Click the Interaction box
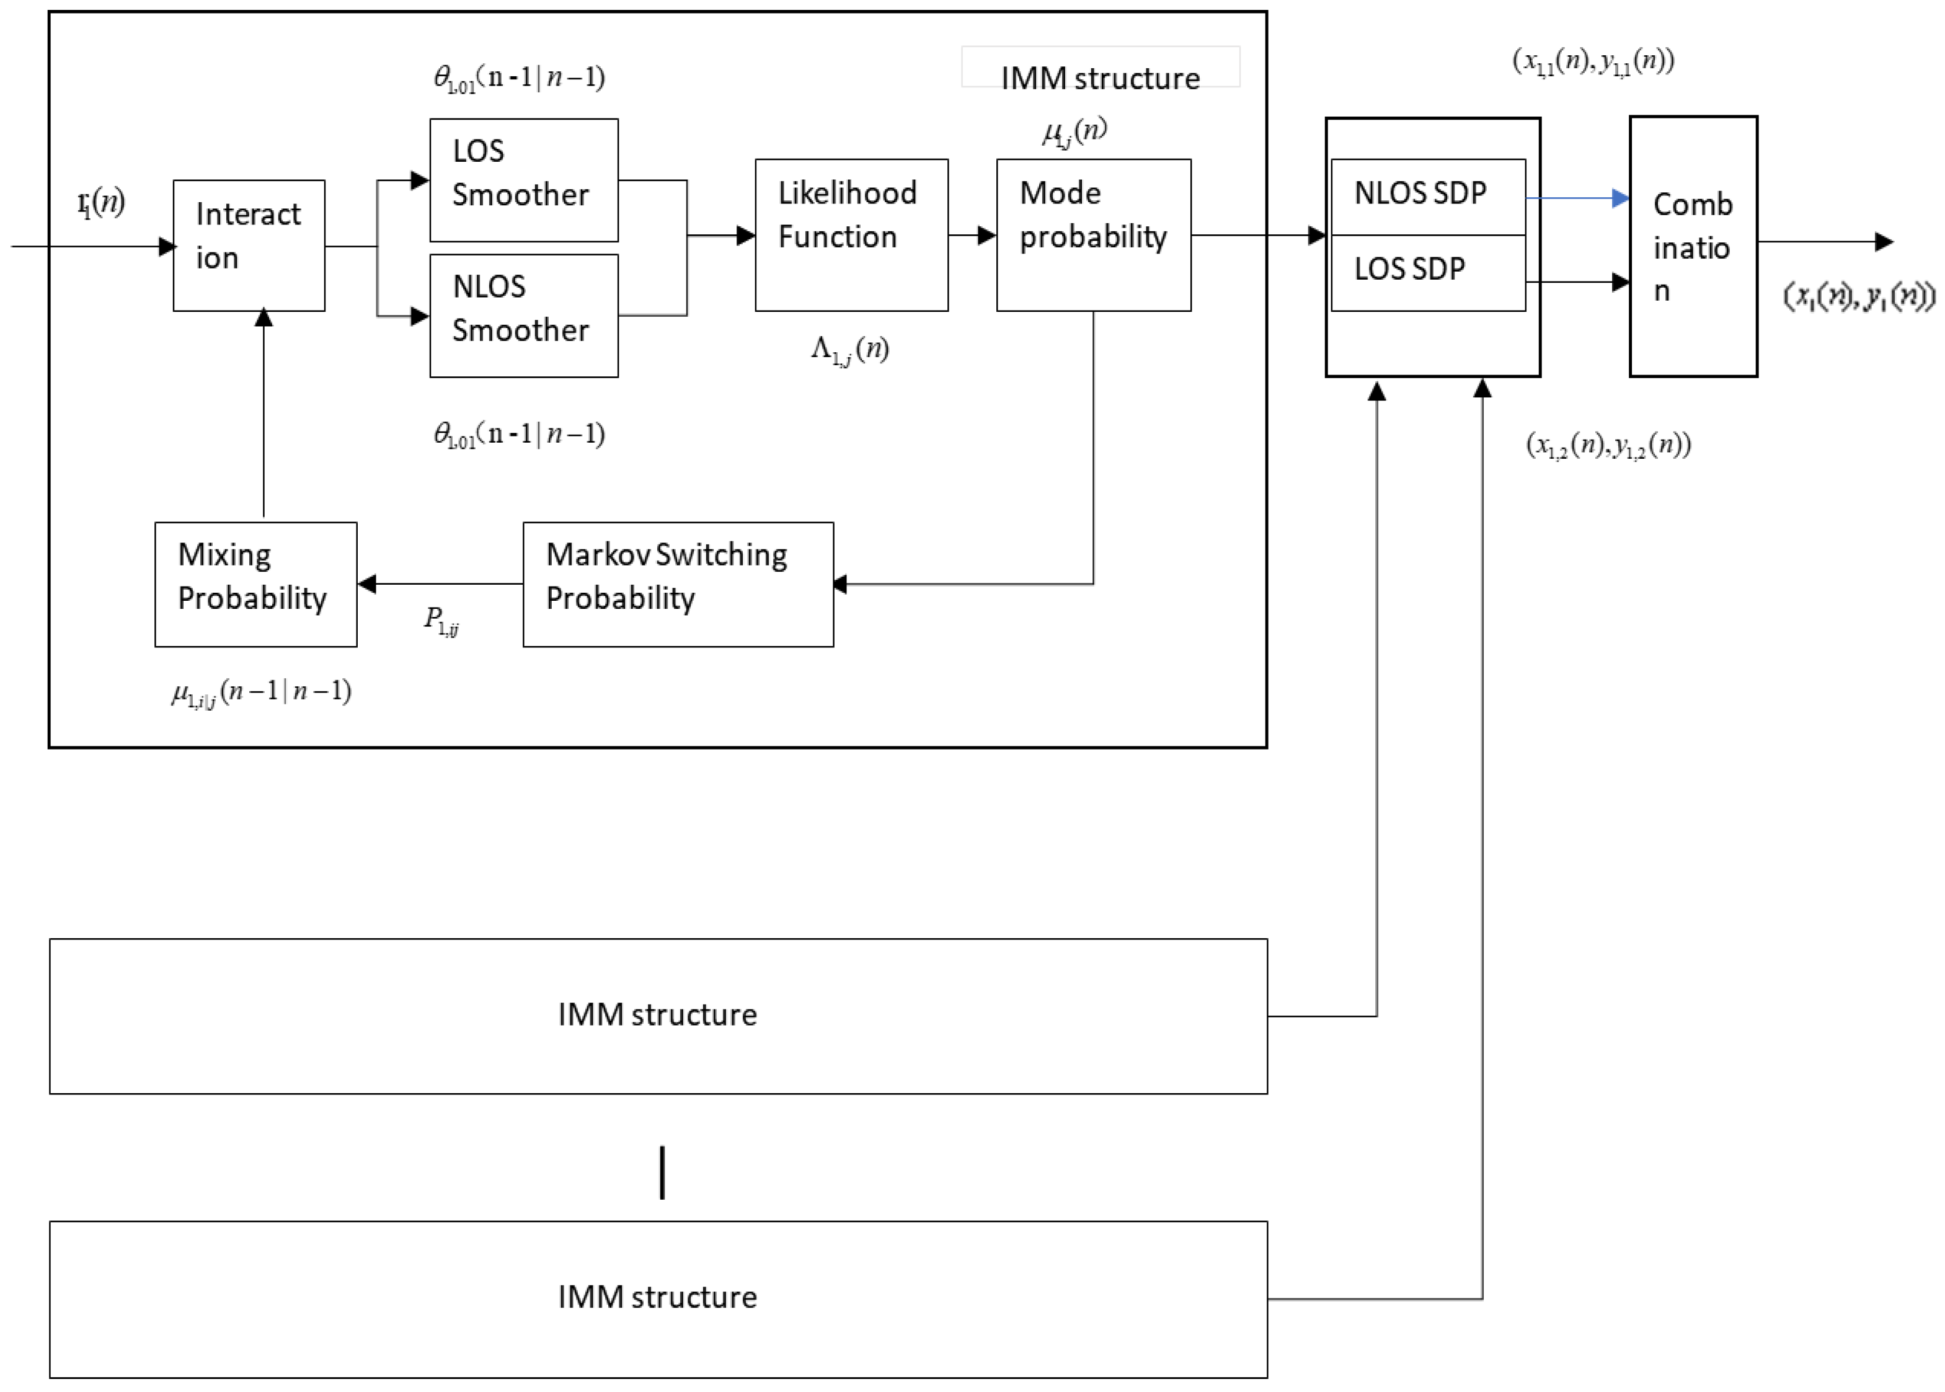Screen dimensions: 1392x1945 click(249, 245)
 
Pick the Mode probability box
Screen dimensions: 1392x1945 click(1093, 235)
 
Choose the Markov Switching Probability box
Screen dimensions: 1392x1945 click(677, 583)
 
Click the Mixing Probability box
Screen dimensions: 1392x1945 click(255, 583)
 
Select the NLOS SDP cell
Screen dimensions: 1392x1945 click(1427, 197)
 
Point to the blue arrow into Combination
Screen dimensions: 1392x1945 click(1577, 198)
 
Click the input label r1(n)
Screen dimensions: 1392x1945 click(101, 203)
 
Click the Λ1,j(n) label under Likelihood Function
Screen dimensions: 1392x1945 click(849, 350)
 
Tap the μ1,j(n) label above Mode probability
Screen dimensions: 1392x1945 click(1074, 131)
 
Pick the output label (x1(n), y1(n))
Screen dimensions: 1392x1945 click(1858, 296)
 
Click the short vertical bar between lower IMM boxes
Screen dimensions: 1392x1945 click(662, 1172)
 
